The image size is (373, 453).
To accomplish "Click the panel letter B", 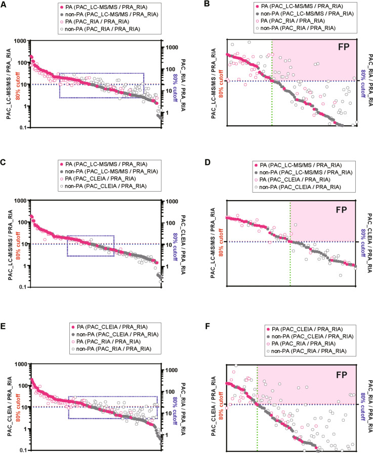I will (x=194, y=5).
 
